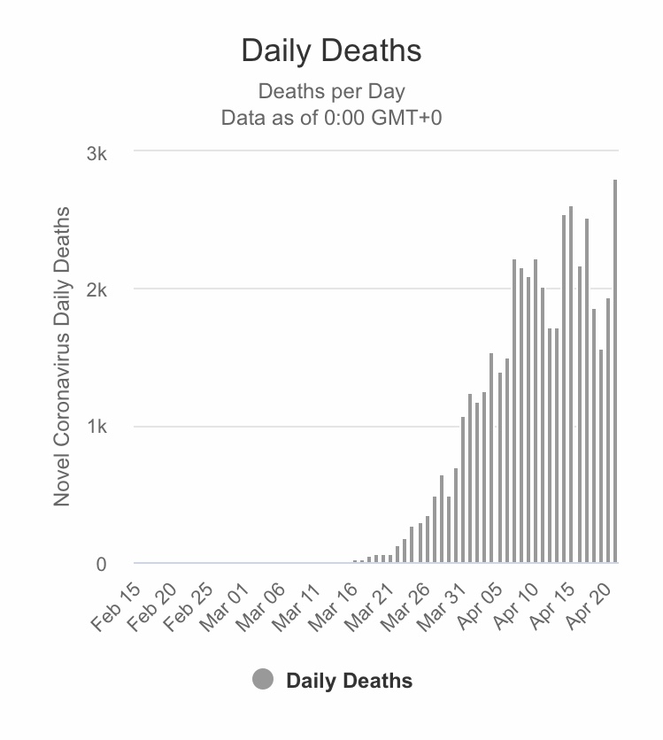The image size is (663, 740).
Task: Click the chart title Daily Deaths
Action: coord(331,50)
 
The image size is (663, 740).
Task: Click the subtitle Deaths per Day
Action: coord(331,91)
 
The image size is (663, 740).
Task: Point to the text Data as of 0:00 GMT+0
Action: coord(331,118)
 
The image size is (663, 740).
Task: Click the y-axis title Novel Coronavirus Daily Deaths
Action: coord(62,357)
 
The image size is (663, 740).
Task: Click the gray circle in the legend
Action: coord(263,680)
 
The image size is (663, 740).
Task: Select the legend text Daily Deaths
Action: coord(349,681)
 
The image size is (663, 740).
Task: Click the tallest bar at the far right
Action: coord(614,371)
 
